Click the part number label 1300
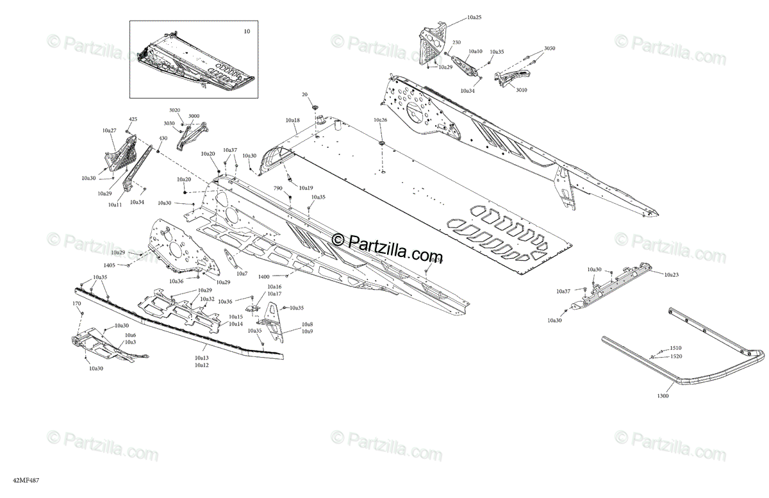(x=663, y=396)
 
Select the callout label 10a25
(x=474, y=17)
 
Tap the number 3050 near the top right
(x=550, y=48)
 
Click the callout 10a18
(x=293, y=120)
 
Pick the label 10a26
(x=381, y=120)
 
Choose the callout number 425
(x=133, y=119)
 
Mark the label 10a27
(x=109, y=130)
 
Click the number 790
(x=278, y=188)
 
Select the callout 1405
(x=109, y=265)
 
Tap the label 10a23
(x=671, y=274)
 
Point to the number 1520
(x=676, y=356)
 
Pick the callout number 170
(x=77, y=303)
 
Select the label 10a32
(x=207, y=299)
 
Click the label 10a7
(x=242, y=274)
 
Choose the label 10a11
(x=115, y=204)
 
